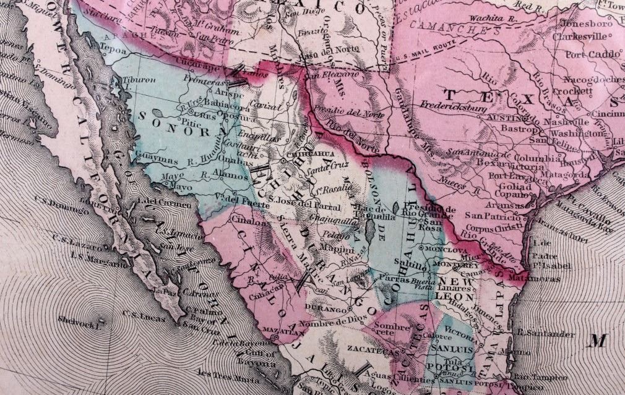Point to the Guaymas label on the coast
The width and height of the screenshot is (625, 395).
click(x=164, y=161)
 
